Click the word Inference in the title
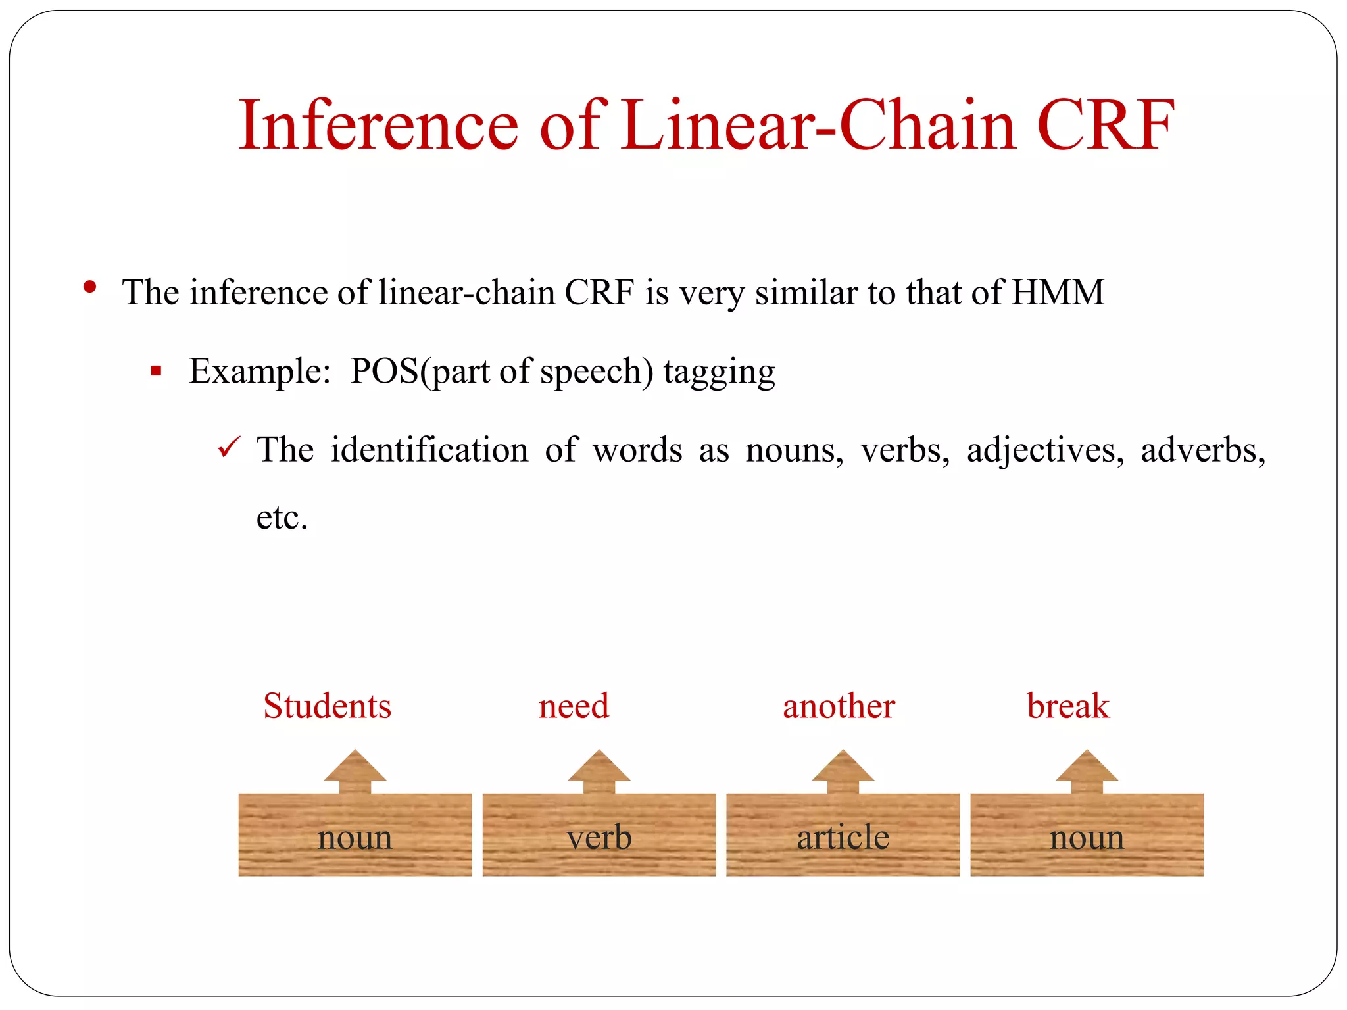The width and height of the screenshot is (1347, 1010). pyautogui.click(x=378, y=125)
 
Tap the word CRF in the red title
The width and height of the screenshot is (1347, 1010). pyautogui.click(x=1105, y=125)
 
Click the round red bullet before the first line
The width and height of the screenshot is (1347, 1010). pyautogui.click(x=90, y=287)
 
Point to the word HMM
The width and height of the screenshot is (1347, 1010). pyautogui.click(x=1057, y=293)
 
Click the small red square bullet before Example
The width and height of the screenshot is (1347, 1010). pyautogui.click(x=156, y=372)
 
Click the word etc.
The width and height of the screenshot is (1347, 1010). pyautogui.click(x=282, y=517)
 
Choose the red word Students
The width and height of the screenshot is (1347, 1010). pyautogui.click(x=327, y=706)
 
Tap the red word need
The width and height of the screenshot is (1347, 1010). pyautogui.click(x=574, y=706)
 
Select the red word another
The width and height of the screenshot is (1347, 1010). pyautogui.click(x=839, y=706)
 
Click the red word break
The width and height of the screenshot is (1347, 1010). pyautogui.click(x=1068, y=706)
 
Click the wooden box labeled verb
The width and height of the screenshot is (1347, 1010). pyautogui.click(x=599, y=835)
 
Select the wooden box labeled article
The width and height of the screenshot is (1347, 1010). pyautogui.click(x=843, y=835)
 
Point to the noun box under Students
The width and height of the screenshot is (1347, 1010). pyautogui.click(x=355, y=835)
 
